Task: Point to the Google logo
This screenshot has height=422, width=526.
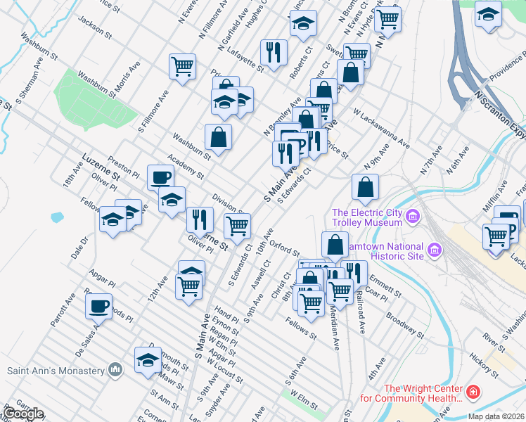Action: [23, 414]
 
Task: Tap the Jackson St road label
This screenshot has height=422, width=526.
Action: [95, 27]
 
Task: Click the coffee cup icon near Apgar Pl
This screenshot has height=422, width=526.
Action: [99, 305]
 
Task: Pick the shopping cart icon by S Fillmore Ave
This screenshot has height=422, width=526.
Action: [182, 66]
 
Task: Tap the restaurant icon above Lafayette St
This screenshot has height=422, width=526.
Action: [272, 51]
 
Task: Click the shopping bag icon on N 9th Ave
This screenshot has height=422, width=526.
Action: [365, 186]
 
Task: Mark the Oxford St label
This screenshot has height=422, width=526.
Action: [286, 248]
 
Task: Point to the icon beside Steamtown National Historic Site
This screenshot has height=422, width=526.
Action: [434, 250]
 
